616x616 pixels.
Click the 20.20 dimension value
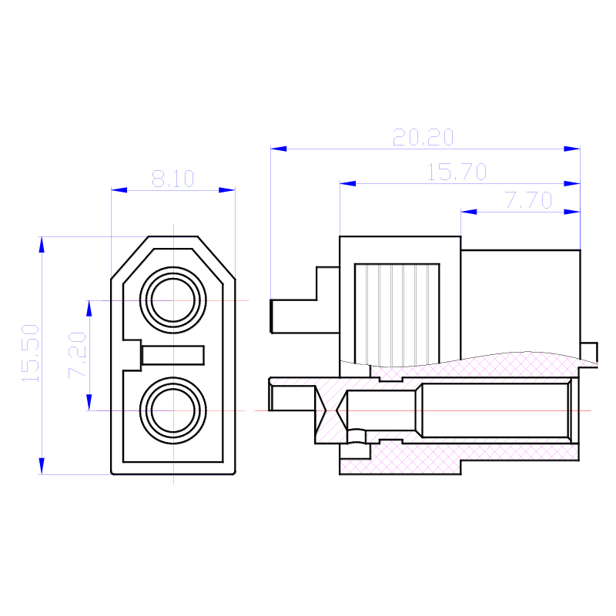(x=423, y=137)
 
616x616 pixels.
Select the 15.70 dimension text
(x=457, y=172)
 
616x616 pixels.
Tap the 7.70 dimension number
(x=529, y=200)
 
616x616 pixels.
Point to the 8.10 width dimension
(x=172, y=179)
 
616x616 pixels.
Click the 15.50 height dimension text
(x=30, y=353)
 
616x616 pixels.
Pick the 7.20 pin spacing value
(x=77, y=355)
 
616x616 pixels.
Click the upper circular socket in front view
(x=172, y=300)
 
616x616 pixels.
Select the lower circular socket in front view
(x=172, y=410)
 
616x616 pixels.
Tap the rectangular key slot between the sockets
(x=172, y=355)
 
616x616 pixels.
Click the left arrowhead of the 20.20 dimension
(x=279, y=149)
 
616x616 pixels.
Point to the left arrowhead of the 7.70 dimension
(x=469, y=212)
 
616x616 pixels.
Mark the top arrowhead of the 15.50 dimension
(x=42, y=244)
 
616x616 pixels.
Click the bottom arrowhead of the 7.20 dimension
(x=89, y=403)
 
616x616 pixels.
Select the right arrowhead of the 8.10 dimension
(x=227, y=190)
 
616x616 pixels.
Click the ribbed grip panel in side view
(x=397, y=314)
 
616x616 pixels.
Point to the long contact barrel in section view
(x=496, y=410)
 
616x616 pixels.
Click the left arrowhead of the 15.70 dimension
(x=348, y=183)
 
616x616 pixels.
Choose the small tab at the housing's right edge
(x=589, y=353)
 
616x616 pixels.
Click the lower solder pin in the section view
(x=293, y=398)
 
